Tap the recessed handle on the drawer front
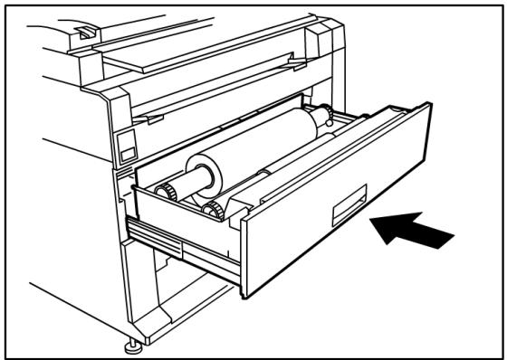click(349, 208)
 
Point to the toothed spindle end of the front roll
click(213, 211)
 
